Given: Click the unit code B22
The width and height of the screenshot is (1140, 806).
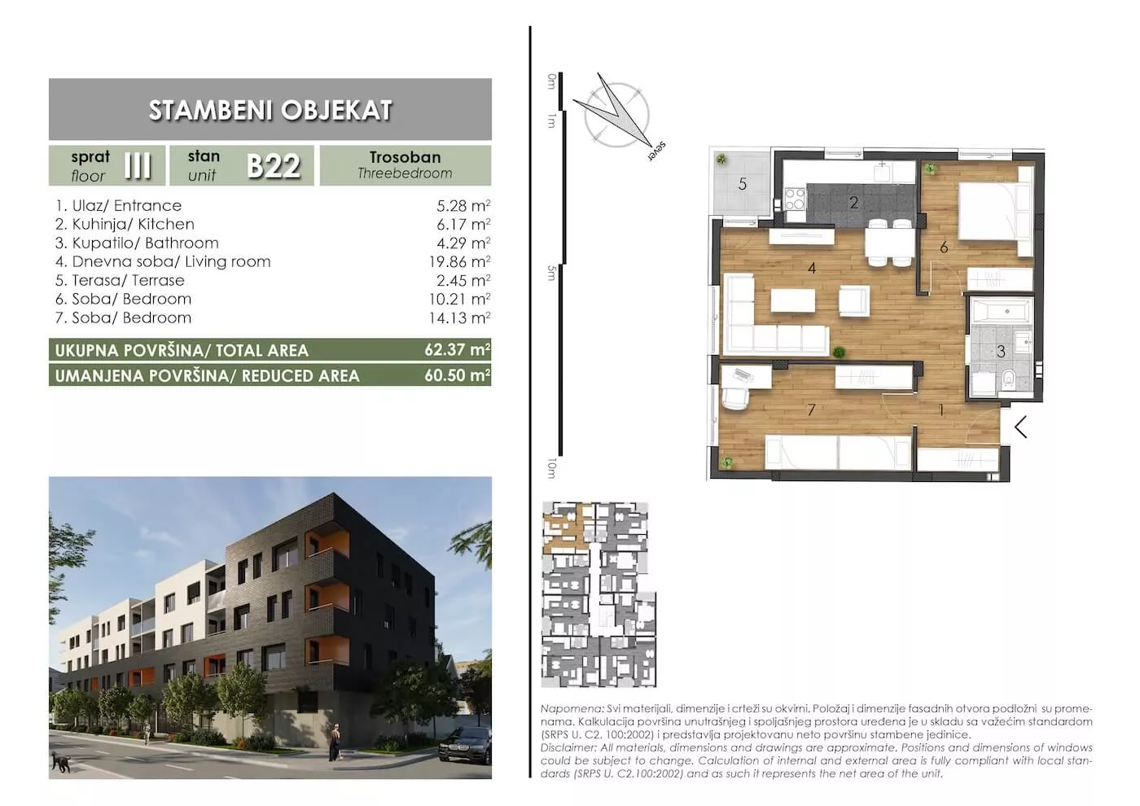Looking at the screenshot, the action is (274, 166).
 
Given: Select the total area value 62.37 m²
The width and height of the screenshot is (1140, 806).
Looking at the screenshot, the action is (458, 350).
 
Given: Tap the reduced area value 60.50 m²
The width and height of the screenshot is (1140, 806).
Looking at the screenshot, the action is (458, 375).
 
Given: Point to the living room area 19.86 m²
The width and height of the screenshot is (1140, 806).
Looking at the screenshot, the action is (459, 261).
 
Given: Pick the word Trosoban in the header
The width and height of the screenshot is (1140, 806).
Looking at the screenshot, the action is (406, 157).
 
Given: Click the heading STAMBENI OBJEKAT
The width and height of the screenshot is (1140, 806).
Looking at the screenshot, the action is (270, 111).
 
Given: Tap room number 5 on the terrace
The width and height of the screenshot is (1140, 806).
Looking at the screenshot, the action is (743, 184).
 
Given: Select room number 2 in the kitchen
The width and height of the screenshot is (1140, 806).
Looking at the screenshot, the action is (854, 203).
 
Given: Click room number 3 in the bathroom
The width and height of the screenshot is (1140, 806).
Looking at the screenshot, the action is (1001, 351).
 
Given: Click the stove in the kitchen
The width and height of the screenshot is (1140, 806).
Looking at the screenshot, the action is (795, 199).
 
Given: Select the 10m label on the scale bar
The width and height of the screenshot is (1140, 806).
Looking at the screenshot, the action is (551, 468).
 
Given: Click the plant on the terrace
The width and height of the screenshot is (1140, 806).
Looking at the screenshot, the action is (721, 160).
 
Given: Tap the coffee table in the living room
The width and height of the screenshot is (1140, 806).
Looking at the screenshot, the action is (792, 300).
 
